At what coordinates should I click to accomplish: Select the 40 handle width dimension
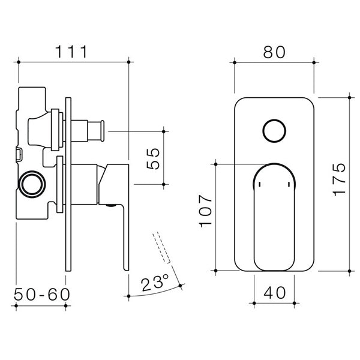coord(274,293)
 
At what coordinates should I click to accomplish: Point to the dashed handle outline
coord(163,246)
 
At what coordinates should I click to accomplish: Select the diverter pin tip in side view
coord(103,128)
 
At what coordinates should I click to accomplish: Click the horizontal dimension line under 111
coord(74,61)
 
